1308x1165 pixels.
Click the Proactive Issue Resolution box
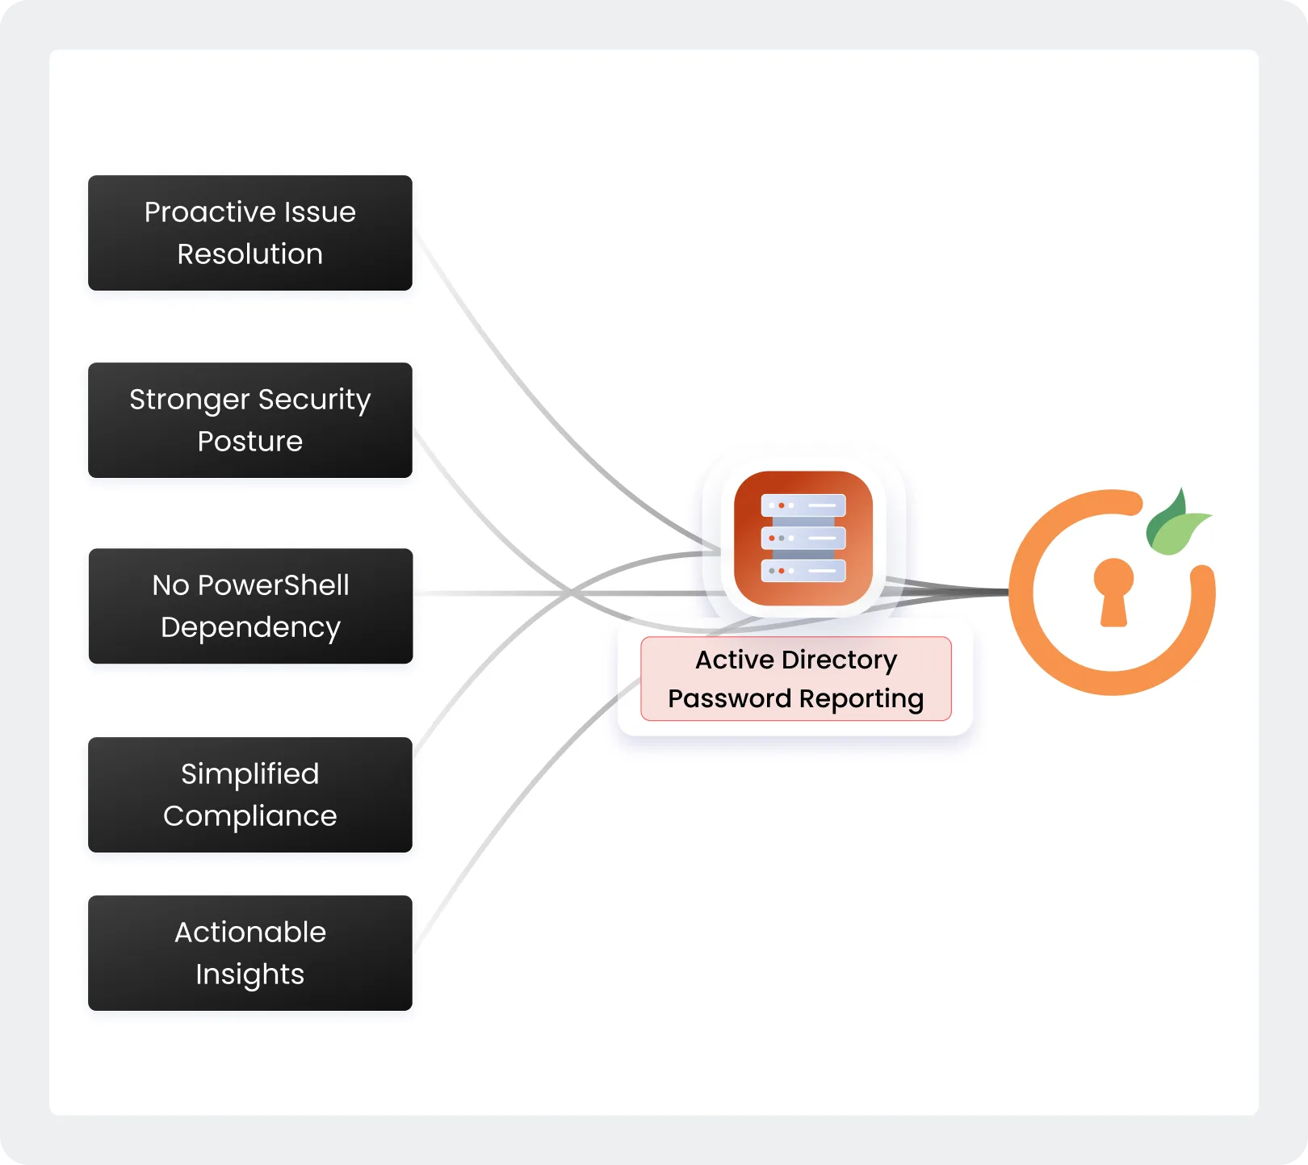[249, 233]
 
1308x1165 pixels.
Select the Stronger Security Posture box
[249, 420]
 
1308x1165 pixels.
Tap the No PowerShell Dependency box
[249, 606]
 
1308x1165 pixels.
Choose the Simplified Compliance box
[249, 794]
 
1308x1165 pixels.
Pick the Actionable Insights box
[249, 953]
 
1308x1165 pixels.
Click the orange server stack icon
[803, 538]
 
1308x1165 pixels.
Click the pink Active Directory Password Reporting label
[795, 678]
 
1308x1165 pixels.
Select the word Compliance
[249, 816]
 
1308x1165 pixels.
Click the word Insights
[249, 974]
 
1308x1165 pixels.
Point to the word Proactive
[199, 212]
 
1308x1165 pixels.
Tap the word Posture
[249, 442]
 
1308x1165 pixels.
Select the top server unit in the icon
[803, 505]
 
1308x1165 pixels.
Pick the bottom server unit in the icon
[803, 571]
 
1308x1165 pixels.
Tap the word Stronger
[189, 400]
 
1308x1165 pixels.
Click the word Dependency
[250, 627]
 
